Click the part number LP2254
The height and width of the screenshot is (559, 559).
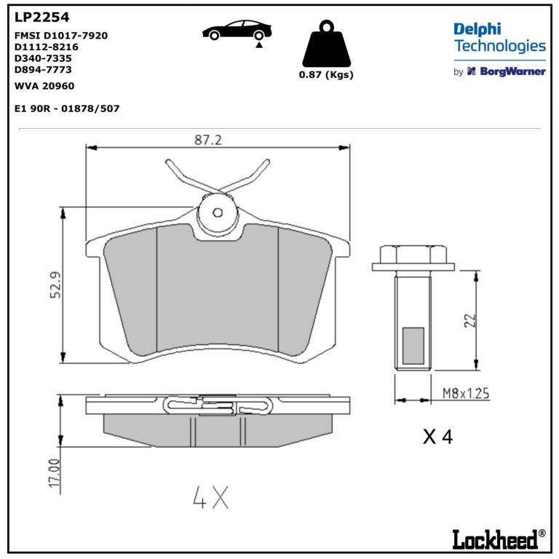[x=41, y=17]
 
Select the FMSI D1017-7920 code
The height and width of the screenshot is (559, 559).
[x=61, y=36]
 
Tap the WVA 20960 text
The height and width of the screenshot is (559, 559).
[x=44, y=86]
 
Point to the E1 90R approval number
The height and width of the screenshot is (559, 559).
[x=67, y=108]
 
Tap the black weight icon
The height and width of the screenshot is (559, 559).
[x=326, y=44]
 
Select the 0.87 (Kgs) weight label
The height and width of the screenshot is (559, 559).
[x=326, y=75]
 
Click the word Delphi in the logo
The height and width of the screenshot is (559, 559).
[x=477, y=30]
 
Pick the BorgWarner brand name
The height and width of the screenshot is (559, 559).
[x=512, y=71]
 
